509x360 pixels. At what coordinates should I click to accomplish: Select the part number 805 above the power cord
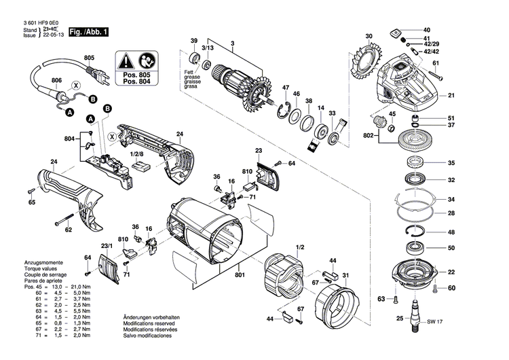click(x=89, y=58)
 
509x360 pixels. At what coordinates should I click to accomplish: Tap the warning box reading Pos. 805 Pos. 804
click(x=139, y=69)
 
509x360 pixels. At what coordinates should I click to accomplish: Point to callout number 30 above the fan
click(x=369, y=35)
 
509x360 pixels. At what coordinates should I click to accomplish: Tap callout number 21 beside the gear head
click(x=451, y=95)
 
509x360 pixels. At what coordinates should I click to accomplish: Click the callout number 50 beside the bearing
click(x=451, y=248)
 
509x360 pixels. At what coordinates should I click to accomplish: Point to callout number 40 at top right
click(x=426, y=31)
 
